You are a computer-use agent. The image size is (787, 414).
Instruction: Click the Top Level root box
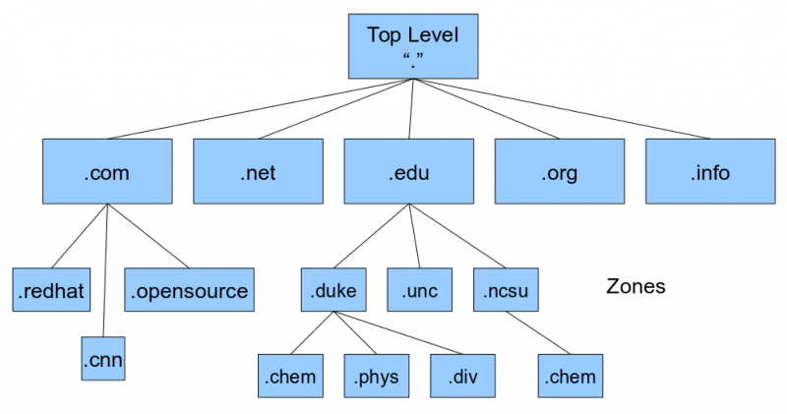pyautogui.click(x=413, y=46)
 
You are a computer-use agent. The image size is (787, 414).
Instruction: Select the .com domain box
pyautogui.click(x=107, y=173)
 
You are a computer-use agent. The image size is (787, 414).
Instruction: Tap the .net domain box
pyautogui.click(x=258, y=173)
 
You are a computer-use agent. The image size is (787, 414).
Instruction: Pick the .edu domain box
pyautogui.click(x=408, y=173)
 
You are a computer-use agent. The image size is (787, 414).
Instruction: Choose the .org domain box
pyautogui.click(x=559, y=173)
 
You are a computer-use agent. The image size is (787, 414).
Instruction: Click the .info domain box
pyautogui.click(x=709, y=173)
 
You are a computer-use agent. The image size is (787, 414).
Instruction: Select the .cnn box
pyautogui.click(x=103, y=358)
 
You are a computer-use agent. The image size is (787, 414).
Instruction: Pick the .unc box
pyautogui.click(x=419, y=290)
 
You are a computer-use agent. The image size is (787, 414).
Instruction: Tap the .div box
pyautogui.click(x=461, y=376)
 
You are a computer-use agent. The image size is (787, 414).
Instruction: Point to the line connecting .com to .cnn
pyautogui.click(x=104, y=270)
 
